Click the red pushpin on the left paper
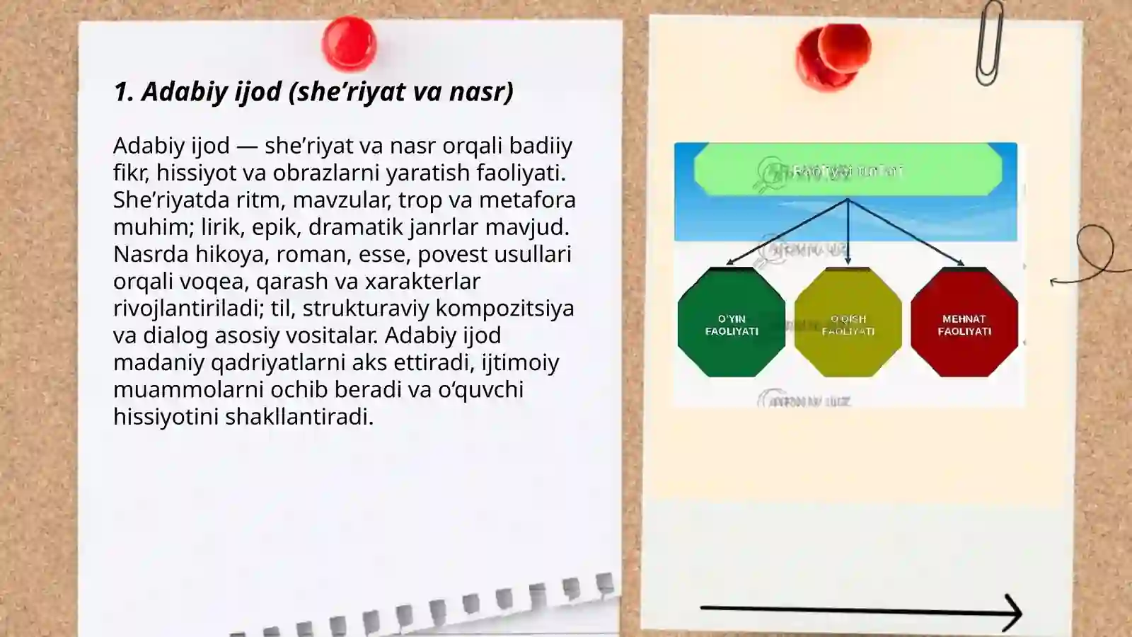[x=349, y=44]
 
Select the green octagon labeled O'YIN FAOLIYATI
[x=732, y=323]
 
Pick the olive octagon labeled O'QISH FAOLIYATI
[x=848, y=323]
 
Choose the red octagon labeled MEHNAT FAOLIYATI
[x=964, y=323]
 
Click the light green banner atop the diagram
[x=848, y=170]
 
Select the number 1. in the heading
[x=124, y=91]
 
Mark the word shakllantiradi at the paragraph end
[x=298, y=417]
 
